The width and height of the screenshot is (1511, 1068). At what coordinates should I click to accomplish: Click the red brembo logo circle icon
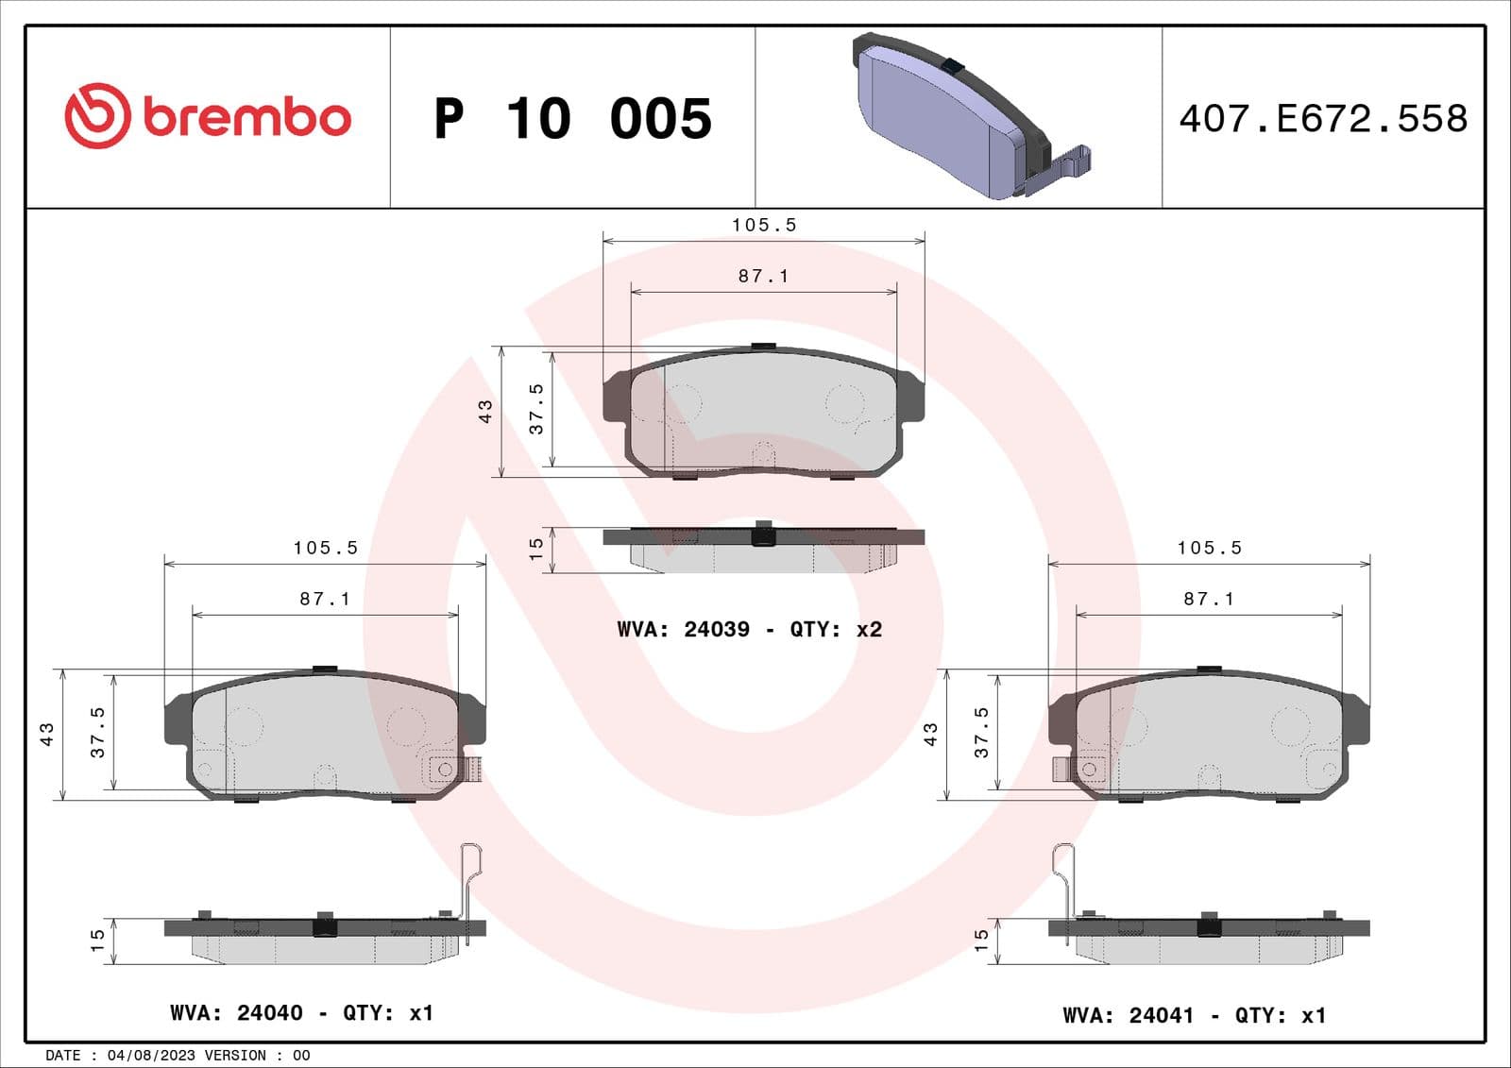coord(96,116)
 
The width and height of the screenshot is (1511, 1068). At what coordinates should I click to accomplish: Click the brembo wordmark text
coord(247,117)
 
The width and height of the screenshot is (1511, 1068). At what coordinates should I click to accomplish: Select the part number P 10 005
coord(572,119)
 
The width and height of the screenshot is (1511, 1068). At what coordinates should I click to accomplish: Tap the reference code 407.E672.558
coord(1323,119)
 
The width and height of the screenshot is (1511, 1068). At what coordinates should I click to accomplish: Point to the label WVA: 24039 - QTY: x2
coord(749,629)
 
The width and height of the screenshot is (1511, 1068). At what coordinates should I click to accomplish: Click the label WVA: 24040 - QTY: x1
coord(301,1012)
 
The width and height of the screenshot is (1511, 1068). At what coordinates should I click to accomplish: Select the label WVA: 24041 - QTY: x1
coord(1194,1015)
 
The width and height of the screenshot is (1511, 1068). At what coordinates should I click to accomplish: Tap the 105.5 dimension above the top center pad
coord(764,225)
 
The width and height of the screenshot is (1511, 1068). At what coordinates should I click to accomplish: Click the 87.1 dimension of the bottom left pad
coord(325,599)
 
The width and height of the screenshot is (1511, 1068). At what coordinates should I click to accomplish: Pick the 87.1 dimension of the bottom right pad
coord(1209,599)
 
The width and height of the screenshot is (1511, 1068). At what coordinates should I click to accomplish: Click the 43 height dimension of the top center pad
coord(484,411)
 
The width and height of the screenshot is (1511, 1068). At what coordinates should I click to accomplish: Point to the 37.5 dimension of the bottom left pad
coord(97,732)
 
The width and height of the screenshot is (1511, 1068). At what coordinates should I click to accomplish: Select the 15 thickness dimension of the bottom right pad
coord(981,939)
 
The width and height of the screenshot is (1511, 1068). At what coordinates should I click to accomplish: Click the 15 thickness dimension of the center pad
coord(535,549)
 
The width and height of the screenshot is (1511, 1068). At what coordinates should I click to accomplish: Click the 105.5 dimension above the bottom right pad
coord(1209,548)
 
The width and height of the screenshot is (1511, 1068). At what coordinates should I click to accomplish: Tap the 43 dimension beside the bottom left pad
coord(46,734)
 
